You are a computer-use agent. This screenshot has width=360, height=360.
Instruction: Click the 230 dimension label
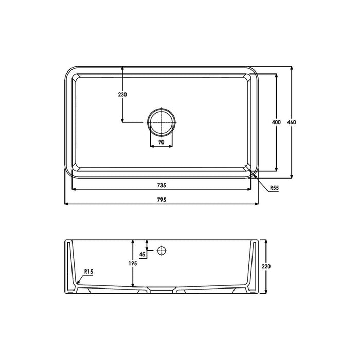coord(122,95)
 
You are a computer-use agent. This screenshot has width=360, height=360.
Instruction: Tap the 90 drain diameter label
coord(160,142)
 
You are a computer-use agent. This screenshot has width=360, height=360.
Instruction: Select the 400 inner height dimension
coord(276,122)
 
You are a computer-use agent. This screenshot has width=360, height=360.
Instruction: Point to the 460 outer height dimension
coord(292,122)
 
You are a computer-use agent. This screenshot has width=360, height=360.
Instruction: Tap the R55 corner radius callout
coord(274,189)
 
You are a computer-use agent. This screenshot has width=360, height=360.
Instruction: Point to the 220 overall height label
coord(266,267)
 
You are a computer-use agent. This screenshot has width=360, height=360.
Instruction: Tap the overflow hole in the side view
coord(161,250)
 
